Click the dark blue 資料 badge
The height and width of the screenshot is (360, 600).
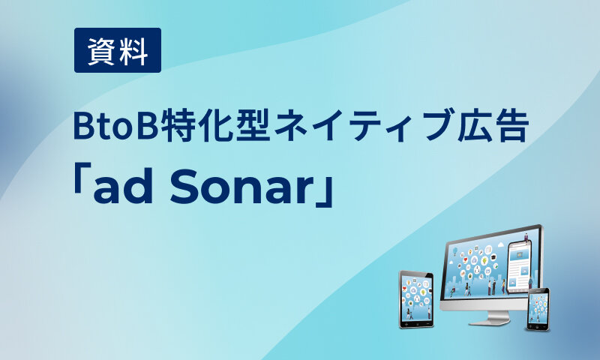118,50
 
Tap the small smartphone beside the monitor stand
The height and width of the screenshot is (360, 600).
538,308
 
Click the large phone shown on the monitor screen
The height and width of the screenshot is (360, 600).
518,267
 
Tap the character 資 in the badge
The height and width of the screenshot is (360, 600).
101,50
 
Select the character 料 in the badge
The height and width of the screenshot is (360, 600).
134,50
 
